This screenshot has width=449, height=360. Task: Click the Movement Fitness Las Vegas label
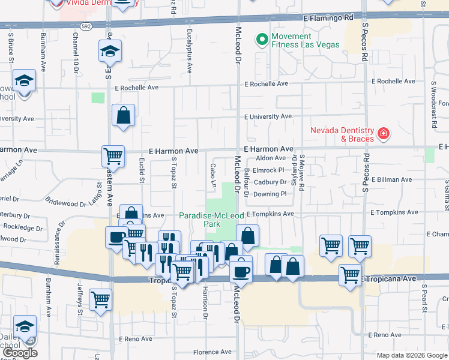click(305, 40)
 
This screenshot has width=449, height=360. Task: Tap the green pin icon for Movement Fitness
click(262, 40)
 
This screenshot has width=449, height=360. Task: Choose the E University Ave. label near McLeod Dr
click(268, 116)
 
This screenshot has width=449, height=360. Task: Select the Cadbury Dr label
click(270, 182)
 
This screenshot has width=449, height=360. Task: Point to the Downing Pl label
click(270, 194)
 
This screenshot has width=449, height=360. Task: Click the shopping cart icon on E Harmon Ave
click(113, 157)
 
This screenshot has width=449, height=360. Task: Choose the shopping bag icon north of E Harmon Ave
click(123, 116)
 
